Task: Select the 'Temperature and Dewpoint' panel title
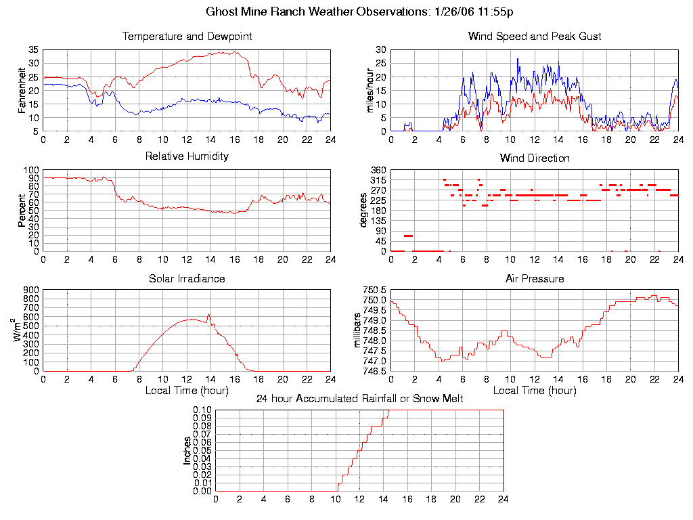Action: pos(187,37)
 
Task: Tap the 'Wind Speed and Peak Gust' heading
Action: pos(535,37)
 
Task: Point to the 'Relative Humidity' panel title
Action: pos(187,156)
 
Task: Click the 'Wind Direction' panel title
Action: pos(535,158)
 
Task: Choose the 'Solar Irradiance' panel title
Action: pos(187,278)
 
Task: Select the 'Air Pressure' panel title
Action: pos(535,278)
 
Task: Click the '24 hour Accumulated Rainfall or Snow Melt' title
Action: pos(359,399)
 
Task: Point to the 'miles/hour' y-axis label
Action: pos(370,91)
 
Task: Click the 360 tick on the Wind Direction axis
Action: pos(378,170)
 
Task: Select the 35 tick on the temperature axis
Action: pos(33,50)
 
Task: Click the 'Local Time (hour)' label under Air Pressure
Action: pos(535,391)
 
